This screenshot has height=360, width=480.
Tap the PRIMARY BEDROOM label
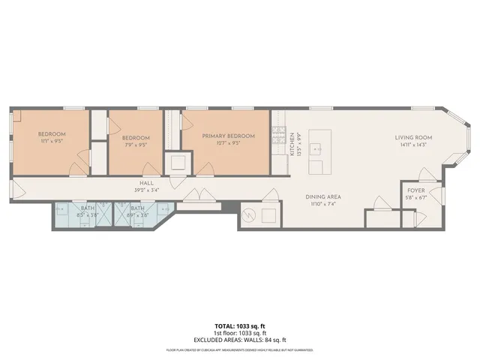tap(228, 136)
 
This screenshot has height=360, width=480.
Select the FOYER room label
tap(415, 191)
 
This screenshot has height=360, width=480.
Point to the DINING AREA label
tap(323, 196)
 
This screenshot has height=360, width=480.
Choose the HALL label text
tap(146, 183)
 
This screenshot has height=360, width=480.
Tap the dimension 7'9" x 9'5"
tap(135, 145)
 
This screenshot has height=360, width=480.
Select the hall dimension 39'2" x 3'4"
tap(146, 190)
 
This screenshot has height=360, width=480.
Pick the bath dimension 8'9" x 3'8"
tap(138, 215)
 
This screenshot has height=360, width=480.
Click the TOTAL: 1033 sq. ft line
tap(239, 326)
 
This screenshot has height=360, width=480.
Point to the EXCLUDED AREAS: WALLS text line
tap(239, 339)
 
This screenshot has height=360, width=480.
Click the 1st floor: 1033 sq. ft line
tap(239, 333)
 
